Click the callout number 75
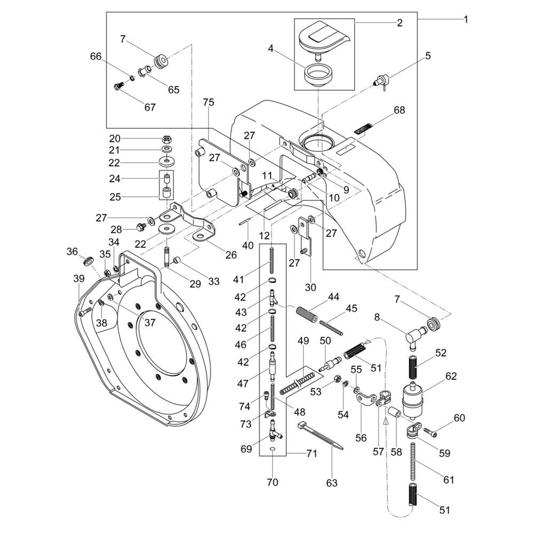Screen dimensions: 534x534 coord(208,103)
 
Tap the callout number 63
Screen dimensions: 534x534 coord(332,483)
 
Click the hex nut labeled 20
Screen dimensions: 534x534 coord(167,138)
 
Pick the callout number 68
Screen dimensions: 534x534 coord(399,111)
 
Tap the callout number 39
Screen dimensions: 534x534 coord(79,278)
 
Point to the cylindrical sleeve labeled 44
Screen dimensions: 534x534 coord(307,311)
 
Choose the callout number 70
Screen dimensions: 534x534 coord(272,483)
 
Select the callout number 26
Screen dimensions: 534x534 coord(230,255)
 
